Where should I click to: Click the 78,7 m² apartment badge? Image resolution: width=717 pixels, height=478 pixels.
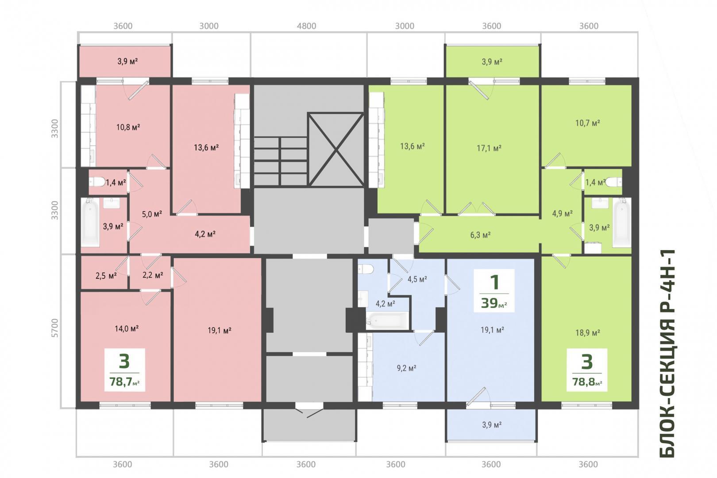tap(124, 370)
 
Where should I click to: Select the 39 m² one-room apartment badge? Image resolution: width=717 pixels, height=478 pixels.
tap(494, 290)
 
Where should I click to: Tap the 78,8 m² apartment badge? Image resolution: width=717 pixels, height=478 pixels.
tap(587, 370)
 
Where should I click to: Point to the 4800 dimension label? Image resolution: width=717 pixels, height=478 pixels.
tap(306, 26)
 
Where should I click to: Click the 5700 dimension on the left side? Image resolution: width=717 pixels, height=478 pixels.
tap(55, 328)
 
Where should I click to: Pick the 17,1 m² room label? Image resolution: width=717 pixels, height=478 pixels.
tap(489, 148)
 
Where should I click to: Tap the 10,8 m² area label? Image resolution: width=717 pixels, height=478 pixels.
tap(128, 127)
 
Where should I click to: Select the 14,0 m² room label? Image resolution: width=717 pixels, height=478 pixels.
tap(127, 328)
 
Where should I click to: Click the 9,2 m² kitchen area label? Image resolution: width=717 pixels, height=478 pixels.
tap(406, 368)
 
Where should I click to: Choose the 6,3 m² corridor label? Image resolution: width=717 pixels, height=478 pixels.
tap(480, 235)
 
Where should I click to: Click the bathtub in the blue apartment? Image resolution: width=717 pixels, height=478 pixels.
tap(387, 320)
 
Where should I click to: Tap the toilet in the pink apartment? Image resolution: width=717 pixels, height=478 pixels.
tap(97, 182)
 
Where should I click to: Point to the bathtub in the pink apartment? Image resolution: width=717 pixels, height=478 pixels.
tap(90, 222)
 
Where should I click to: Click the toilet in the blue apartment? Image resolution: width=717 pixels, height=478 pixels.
tap(366, 269)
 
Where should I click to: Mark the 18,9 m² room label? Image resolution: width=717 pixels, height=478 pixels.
tap(587, 333)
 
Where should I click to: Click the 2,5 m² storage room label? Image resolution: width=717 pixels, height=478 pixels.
tap(106, 276)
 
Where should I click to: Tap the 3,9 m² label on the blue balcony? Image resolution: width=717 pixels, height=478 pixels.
tap(491, 425)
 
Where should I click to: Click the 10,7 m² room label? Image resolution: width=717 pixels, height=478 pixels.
tap(587, 123)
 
